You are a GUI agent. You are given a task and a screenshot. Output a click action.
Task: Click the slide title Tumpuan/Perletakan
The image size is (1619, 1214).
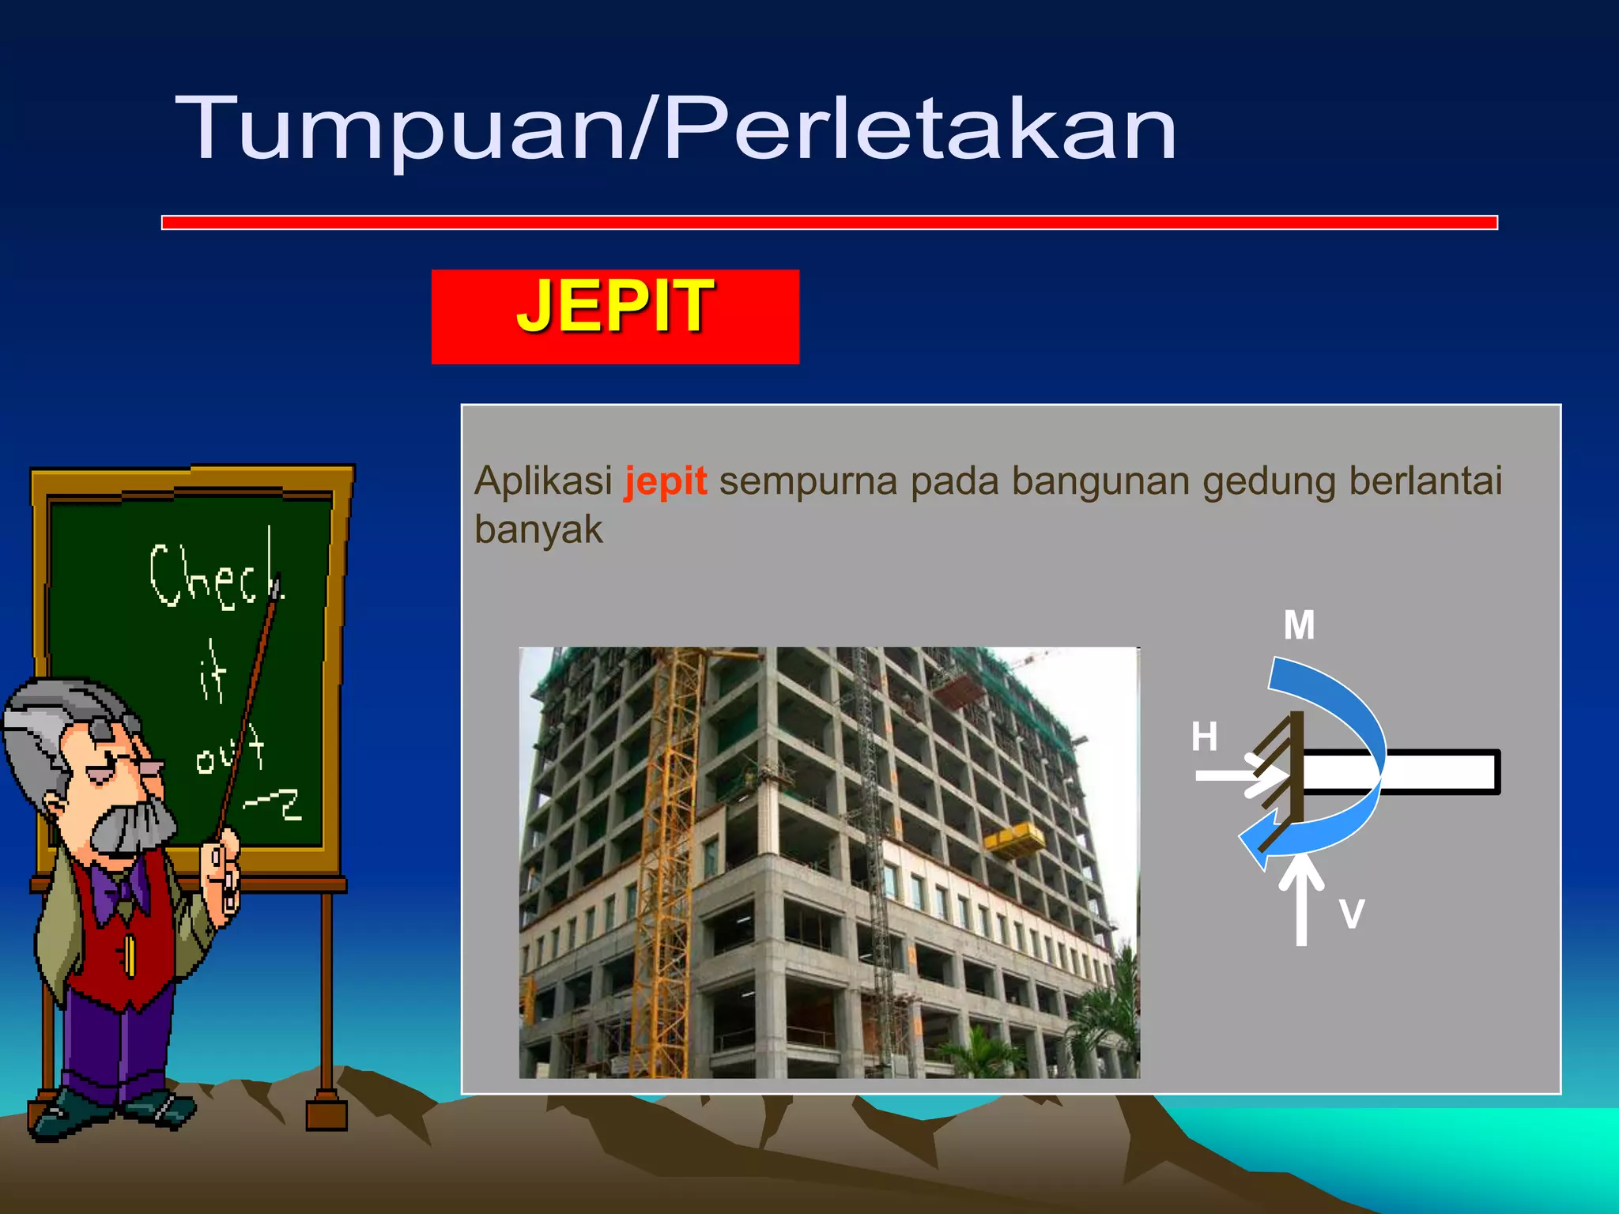click(x=676, y=128)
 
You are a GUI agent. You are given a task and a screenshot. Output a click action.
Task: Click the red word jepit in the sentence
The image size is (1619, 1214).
click(x=665, y=481)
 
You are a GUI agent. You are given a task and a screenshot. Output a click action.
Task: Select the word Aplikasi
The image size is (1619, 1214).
click(x=543, y=481)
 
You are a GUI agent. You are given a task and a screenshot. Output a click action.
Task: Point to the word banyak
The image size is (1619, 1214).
click(x=538, y=530)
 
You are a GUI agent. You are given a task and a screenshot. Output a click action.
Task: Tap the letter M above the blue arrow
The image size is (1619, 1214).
click(x=1299, y=625)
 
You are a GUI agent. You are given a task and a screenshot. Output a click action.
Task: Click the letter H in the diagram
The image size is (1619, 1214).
click(x=1204, y=737)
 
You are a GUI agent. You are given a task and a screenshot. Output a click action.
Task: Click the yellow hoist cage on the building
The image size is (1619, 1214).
click(x=1014, y=839)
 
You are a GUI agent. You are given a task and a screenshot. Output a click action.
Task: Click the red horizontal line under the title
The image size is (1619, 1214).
click(x=829, y=223)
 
